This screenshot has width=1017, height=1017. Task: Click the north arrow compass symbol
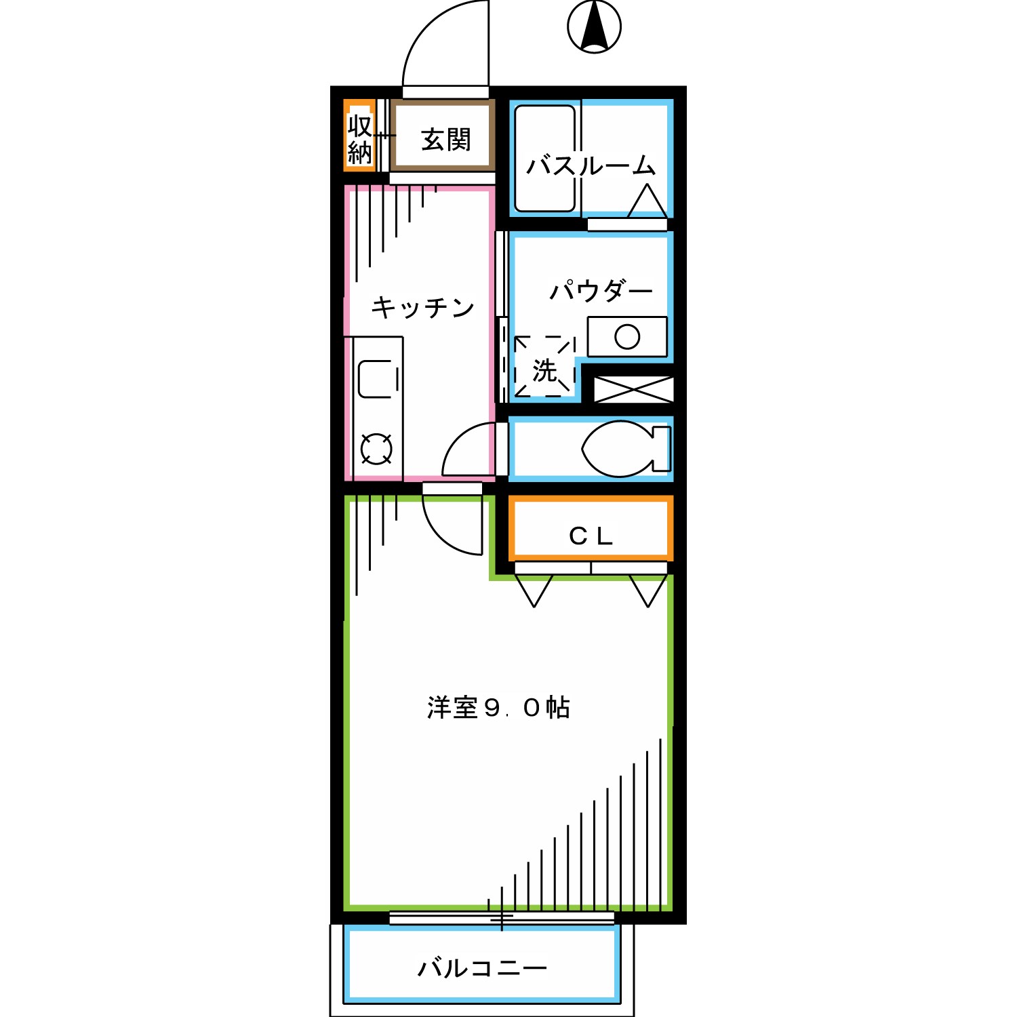[x=594, y=27]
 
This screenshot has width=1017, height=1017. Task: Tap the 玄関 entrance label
[x=445, y=140]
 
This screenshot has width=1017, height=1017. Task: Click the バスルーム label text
[x=591, y=165]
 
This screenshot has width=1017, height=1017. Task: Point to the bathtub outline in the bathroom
[x=544, y=159]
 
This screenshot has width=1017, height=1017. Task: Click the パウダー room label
[x=600, y=291]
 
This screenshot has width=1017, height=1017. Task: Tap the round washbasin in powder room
[x=627, y=336]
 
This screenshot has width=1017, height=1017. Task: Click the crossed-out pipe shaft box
[x=633, y=389]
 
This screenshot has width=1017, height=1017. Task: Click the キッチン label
[x=422, y=308]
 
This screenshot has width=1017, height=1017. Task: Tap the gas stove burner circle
[x=376, y=449]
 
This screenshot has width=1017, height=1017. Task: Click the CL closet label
[x=591, y=536]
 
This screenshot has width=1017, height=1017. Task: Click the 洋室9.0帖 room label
[x=498, y=708]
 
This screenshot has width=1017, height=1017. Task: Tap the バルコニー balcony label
[x=482, y=968]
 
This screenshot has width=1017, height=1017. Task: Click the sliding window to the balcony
[x=502, y=918]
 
